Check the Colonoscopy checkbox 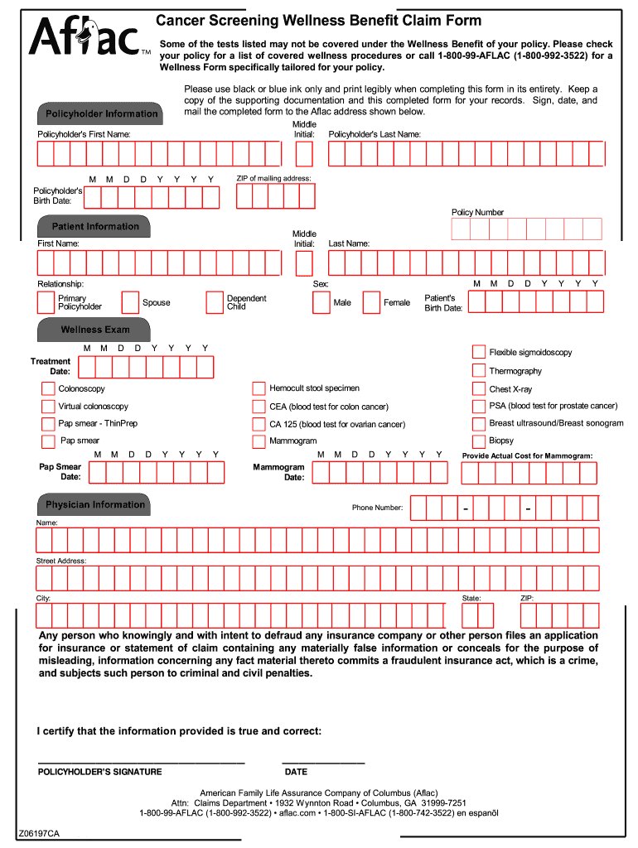[48, 388]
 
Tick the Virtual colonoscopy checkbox [48, 407]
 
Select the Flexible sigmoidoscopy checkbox [479, 352]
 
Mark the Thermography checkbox [479, 370]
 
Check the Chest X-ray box [479, 388]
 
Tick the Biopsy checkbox [479, 441]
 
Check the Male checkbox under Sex [321, 302]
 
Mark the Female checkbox [371, 302]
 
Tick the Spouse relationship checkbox [130, 302]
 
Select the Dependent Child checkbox [215, 302]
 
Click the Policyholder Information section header [100, 113]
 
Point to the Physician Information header [94, 504]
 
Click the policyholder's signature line [141, 760]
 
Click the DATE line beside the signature [323, 760]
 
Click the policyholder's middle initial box [304, 154]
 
